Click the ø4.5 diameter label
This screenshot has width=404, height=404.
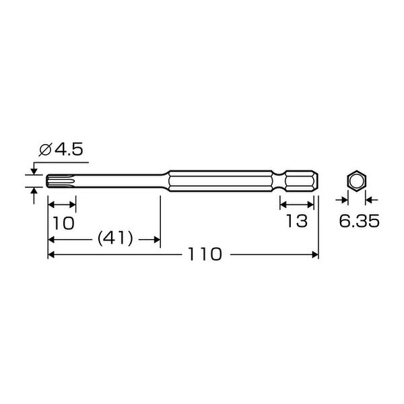tap(61, 149)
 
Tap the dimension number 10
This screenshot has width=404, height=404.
tap(64, 223)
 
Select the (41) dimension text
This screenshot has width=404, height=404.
tap(115, 238)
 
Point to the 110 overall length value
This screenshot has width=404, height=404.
tap(205, 255)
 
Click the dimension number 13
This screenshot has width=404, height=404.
tap(297, 221)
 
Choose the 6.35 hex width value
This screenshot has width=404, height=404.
tap(359, 221)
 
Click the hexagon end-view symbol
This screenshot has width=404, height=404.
tap(357, 181)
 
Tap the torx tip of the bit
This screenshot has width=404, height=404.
tap(61, 181)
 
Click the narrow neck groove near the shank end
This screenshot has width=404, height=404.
tap(279, 181)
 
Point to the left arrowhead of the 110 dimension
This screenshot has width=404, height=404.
tap(51, 255)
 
